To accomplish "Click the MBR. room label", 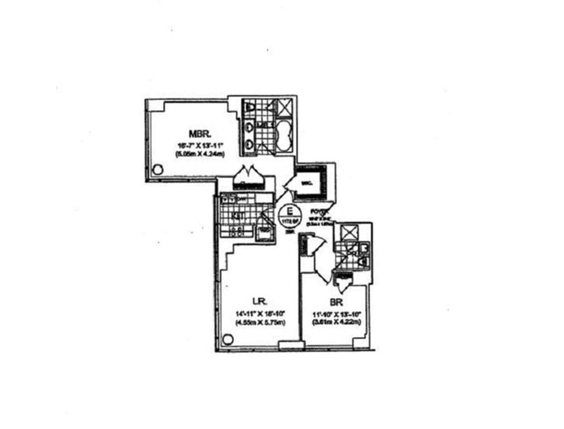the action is [199, 134].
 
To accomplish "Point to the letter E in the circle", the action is [286, 210].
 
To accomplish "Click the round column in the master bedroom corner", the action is [158, 169].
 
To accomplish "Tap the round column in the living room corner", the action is [228, 339].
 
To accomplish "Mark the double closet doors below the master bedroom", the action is [245, 177].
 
